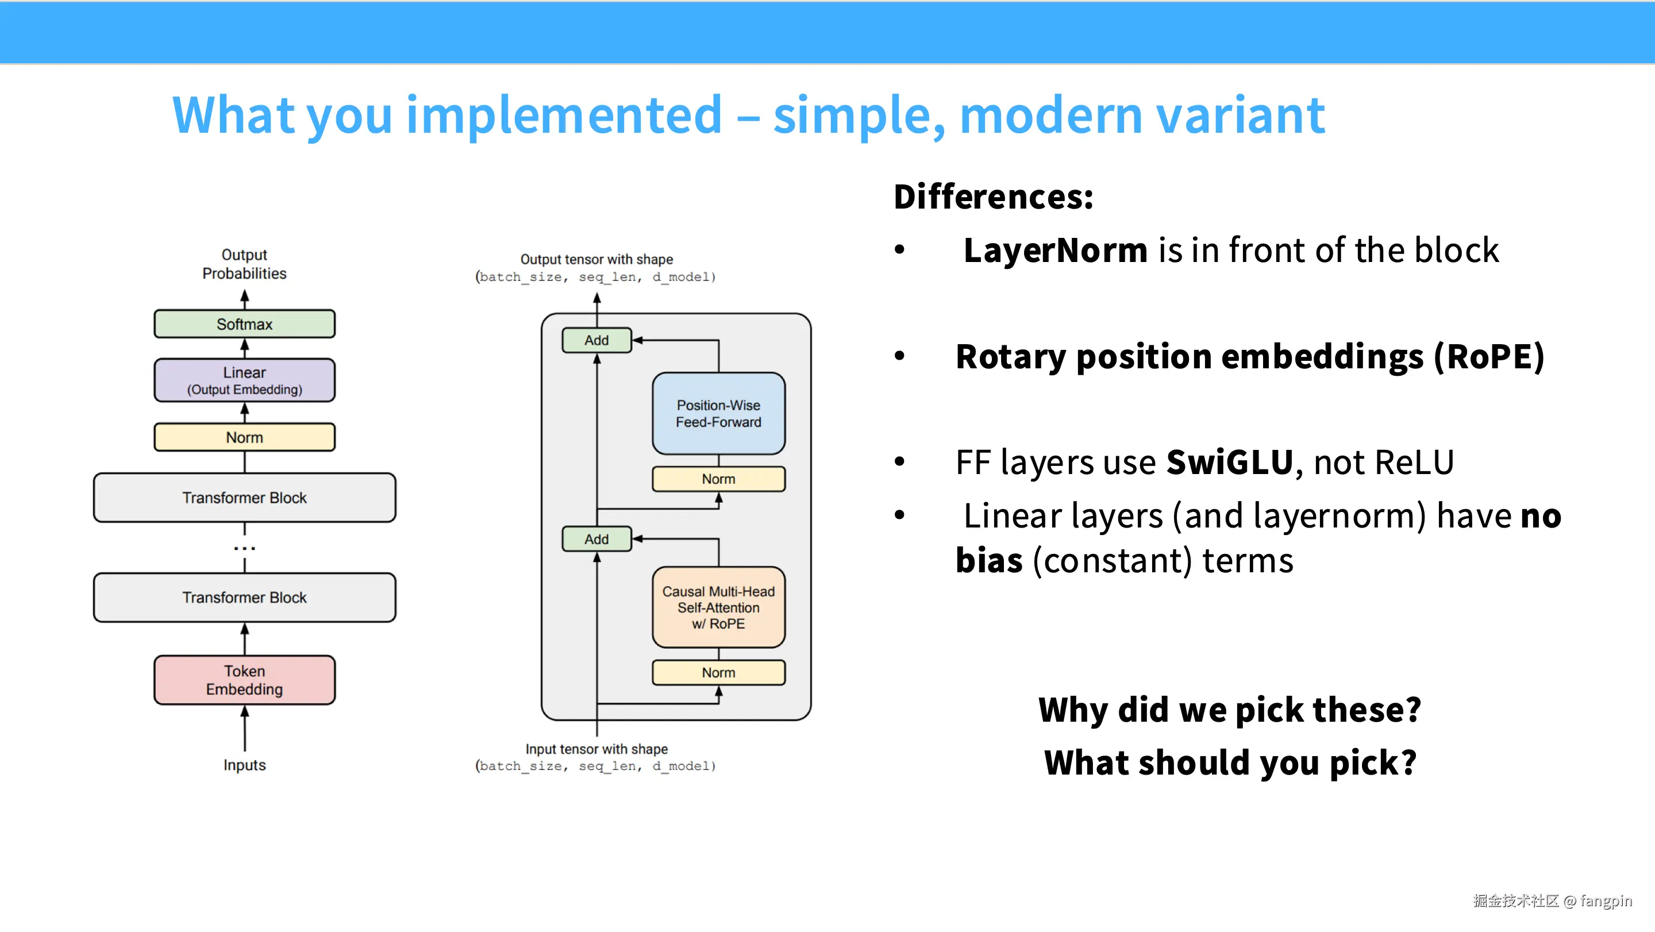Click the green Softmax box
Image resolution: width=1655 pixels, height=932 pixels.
coord(244,323)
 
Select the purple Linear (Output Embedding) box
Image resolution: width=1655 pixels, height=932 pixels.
coord(244,380)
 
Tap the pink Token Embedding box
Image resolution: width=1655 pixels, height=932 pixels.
coord(244,680)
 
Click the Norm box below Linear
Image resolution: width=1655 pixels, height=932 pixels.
coord(244,437)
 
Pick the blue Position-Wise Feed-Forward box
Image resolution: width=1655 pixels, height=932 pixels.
coord(718,414)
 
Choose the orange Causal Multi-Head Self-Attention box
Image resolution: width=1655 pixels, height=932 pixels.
coord(718,607)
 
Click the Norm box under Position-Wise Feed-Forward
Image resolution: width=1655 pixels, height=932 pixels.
coord(718,479)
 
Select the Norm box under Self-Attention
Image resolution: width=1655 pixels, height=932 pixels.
coord(718,672)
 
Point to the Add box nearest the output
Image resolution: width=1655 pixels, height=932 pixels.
coord(596,340)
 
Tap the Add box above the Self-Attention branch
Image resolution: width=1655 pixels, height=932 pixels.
coord(596,539)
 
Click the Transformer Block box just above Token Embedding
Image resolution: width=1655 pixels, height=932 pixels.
coord(244,598)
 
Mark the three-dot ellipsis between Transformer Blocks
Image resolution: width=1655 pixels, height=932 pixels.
coord(244,548)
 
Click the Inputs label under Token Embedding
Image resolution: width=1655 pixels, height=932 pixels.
coord(244,765)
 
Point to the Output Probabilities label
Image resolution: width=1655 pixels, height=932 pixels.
coord(244,264)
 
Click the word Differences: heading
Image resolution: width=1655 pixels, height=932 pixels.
coord(993,197)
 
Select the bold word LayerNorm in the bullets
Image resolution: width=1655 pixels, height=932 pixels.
coord(1055,250)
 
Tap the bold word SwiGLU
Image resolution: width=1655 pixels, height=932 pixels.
coord(1229,462)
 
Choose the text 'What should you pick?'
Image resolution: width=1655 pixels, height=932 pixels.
coord(1230,763)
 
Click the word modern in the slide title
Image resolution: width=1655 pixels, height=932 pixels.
coord(1050,114)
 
